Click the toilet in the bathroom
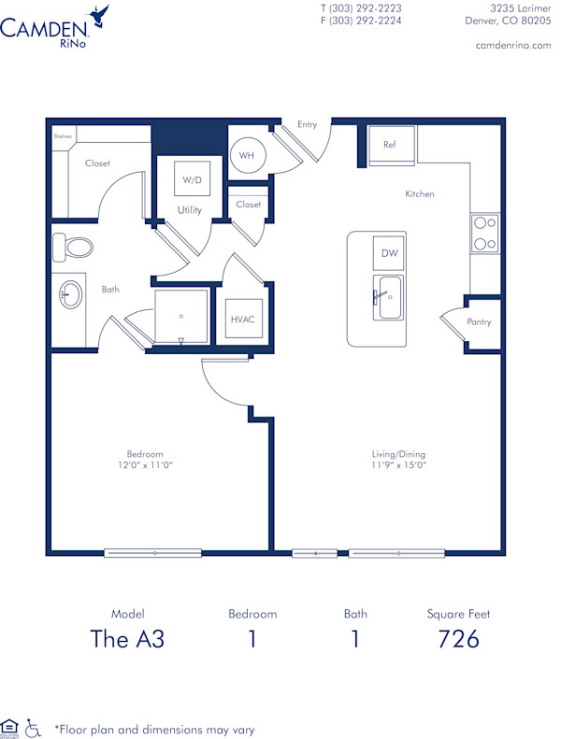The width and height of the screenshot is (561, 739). click(x=74, y=248)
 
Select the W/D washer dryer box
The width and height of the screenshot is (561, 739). click(x=192, y=178)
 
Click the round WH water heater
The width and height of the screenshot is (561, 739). click(x=248, y=155)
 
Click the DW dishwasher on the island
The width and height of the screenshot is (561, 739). click(x=389, y=253)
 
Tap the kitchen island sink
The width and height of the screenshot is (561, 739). click(x=388, y=296)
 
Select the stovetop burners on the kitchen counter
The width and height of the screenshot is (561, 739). click(x=484, y=234)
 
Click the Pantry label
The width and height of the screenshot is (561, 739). click(x=480, y=322)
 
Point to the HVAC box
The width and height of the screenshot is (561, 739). click(x=242, y=319)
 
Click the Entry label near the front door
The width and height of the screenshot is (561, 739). click(x=307, y=124)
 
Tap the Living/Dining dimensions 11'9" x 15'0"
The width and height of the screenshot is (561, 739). click(x=397, y=464)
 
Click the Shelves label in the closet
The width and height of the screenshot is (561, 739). click(x=64, y=136)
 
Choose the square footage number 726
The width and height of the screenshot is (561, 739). click(x=458, y=639)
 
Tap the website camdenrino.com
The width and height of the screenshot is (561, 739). click(x=513, y=45)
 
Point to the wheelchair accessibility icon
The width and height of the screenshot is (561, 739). click(x=34, y=726)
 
